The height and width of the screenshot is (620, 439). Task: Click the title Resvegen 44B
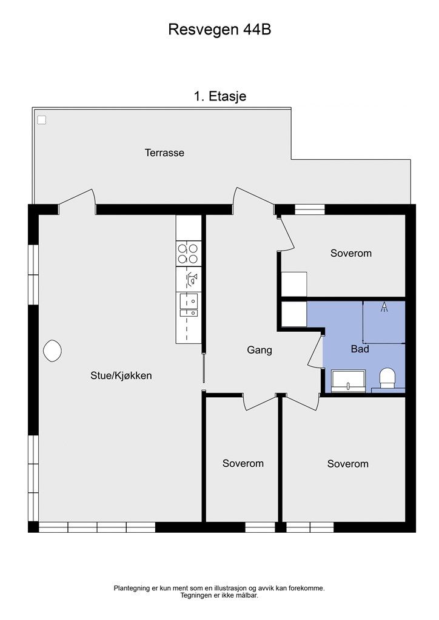(x=219, y=30)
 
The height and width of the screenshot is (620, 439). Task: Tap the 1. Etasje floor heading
(x=219, y=96)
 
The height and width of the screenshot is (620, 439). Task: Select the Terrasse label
(x=164, y=153)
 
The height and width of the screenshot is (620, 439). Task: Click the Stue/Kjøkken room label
(x=121, y=375)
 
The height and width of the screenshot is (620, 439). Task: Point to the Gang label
(x=260, y=351)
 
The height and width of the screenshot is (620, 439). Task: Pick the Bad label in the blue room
(x=360, y=349)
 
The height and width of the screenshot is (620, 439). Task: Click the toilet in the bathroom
(x=387, y=378)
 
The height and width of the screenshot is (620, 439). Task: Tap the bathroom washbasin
(x=348, y=381)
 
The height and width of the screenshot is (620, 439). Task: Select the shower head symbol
(x=384, y=307)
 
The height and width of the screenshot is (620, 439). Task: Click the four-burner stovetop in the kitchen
(x=187, y=254)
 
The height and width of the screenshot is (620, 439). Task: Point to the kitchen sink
(x=189, y=305)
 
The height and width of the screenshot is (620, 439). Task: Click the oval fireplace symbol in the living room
(x=52, y=351)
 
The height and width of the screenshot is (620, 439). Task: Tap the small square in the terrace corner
(x=42, y=120)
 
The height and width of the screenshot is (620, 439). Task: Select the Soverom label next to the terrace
(x=351, y=253)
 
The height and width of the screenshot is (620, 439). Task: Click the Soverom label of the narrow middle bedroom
(x=243, y=463)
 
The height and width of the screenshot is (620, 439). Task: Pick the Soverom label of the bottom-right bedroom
(x=347, y=464)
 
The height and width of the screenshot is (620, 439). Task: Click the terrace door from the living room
(x=77, y=201)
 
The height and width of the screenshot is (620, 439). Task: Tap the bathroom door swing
(x=315, y=351)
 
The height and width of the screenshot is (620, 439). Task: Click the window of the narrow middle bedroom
(x=260, y=527)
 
